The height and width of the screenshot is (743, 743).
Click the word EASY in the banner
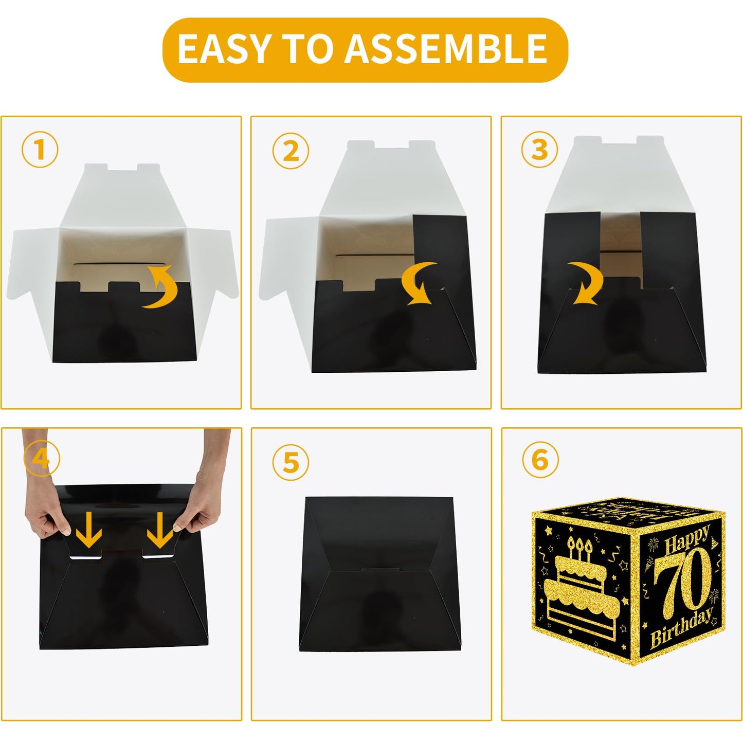tap(223, 48)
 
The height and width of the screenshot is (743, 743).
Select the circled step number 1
tap(40, 150)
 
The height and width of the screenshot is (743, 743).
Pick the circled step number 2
tap(291, 151)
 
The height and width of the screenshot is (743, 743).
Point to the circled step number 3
tap(540, 150)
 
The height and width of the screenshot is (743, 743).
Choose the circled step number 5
tap(291, 462)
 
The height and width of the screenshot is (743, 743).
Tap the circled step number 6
tap(540, 460)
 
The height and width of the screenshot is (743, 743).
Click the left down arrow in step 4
tap(88, 529)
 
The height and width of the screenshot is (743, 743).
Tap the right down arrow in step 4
tap(160, 529)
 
